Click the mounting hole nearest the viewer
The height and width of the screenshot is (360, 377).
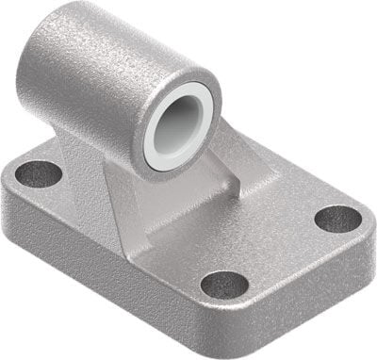pos(224,284)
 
